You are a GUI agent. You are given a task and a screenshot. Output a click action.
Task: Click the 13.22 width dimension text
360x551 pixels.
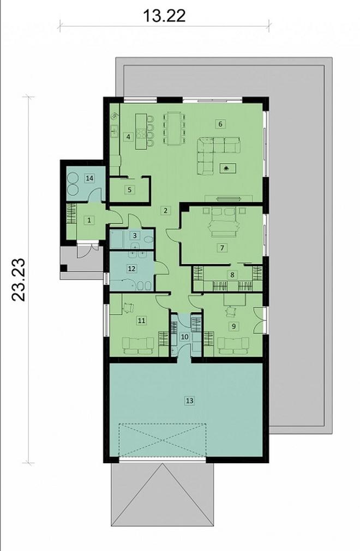[164, 15]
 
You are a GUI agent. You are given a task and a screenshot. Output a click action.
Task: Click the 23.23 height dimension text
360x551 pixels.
[20, 280]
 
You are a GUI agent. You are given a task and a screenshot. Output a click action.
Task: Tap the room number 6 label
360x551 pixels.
[220, 124]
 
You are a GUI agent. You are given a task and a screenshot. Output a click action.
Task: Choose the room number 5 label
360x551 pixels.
[129, 190]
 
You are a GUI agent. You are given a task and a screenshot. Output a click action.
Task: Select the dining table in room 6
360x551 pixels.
[174, 129]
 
